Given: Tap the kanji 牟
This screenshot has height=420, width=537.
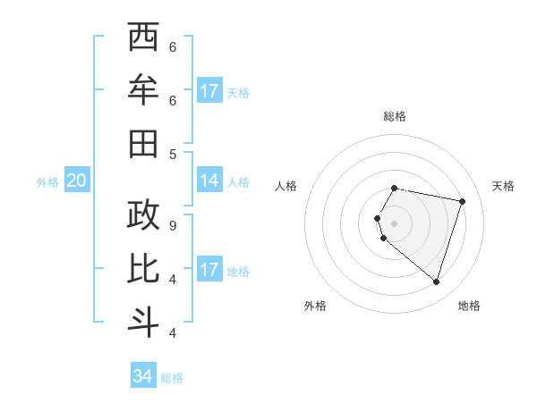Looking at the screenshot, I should pyautogui.click(x=143, y=90).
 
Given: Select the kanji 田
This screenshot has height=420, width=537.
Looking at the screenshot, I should pyautogui.click(x=143, y=144).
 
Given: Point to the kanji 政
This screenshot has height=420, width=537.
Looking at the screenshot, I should pyautogui.click(x=143, y=215).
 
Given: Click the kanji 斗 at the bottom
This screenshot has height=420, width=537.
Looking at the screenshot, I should pyautogui.click(x=143, y=323).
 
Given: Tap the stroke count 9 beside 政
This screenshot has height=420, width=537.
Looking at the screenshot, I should pyautogui.click(x=173, y=225).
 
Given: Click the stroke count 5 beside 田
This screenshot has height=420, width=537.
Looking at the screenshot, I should pyautogui.click(x=173, y=154).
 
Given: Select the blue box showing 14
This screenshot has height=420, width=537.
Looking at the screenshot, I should pyautogui.click(x=209, y=181).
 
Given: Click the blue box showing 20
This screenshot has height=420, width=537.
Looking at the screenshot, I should pyautogui.click(x=76, y=181).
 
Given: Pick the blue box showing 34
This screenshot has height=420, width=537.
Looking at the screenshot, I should pyautogui.click(x=142, y=376).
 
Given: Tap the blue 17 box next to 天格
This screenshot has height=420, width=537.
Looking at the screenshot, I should pyautogui.click(x=209, y=90).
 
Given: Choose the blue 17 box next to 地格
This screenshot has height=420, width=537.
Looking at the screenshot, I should pyautogui.click(x=209, y=270).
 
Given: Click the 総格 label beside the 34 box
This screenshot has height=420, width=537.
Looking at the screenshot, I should pyautogui.click(x=172, y=378).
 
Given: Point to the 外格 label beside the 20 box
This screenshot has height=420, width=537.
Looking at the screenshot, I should pyautogui.click(x=47, y=182).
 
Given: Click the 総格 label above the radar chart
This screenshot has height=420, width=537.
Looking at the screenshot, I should pyautogui.click(x=395, y=116).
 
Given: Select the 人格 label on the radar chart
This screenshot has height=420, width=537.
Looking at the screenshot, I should pyautogui.click(x=286, y=186).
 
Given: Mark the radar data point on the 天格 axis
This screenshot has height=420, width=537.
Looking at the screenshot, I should pyautogui.click(x=462, y=201).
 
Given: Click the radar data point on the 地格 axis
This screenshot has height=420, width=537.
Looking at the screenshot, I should pyautogui.click(x=436, y=282).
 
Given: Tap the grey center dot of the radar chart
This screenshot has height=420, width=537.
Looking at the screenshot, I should pyautogui.click(x=395, y=223).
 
